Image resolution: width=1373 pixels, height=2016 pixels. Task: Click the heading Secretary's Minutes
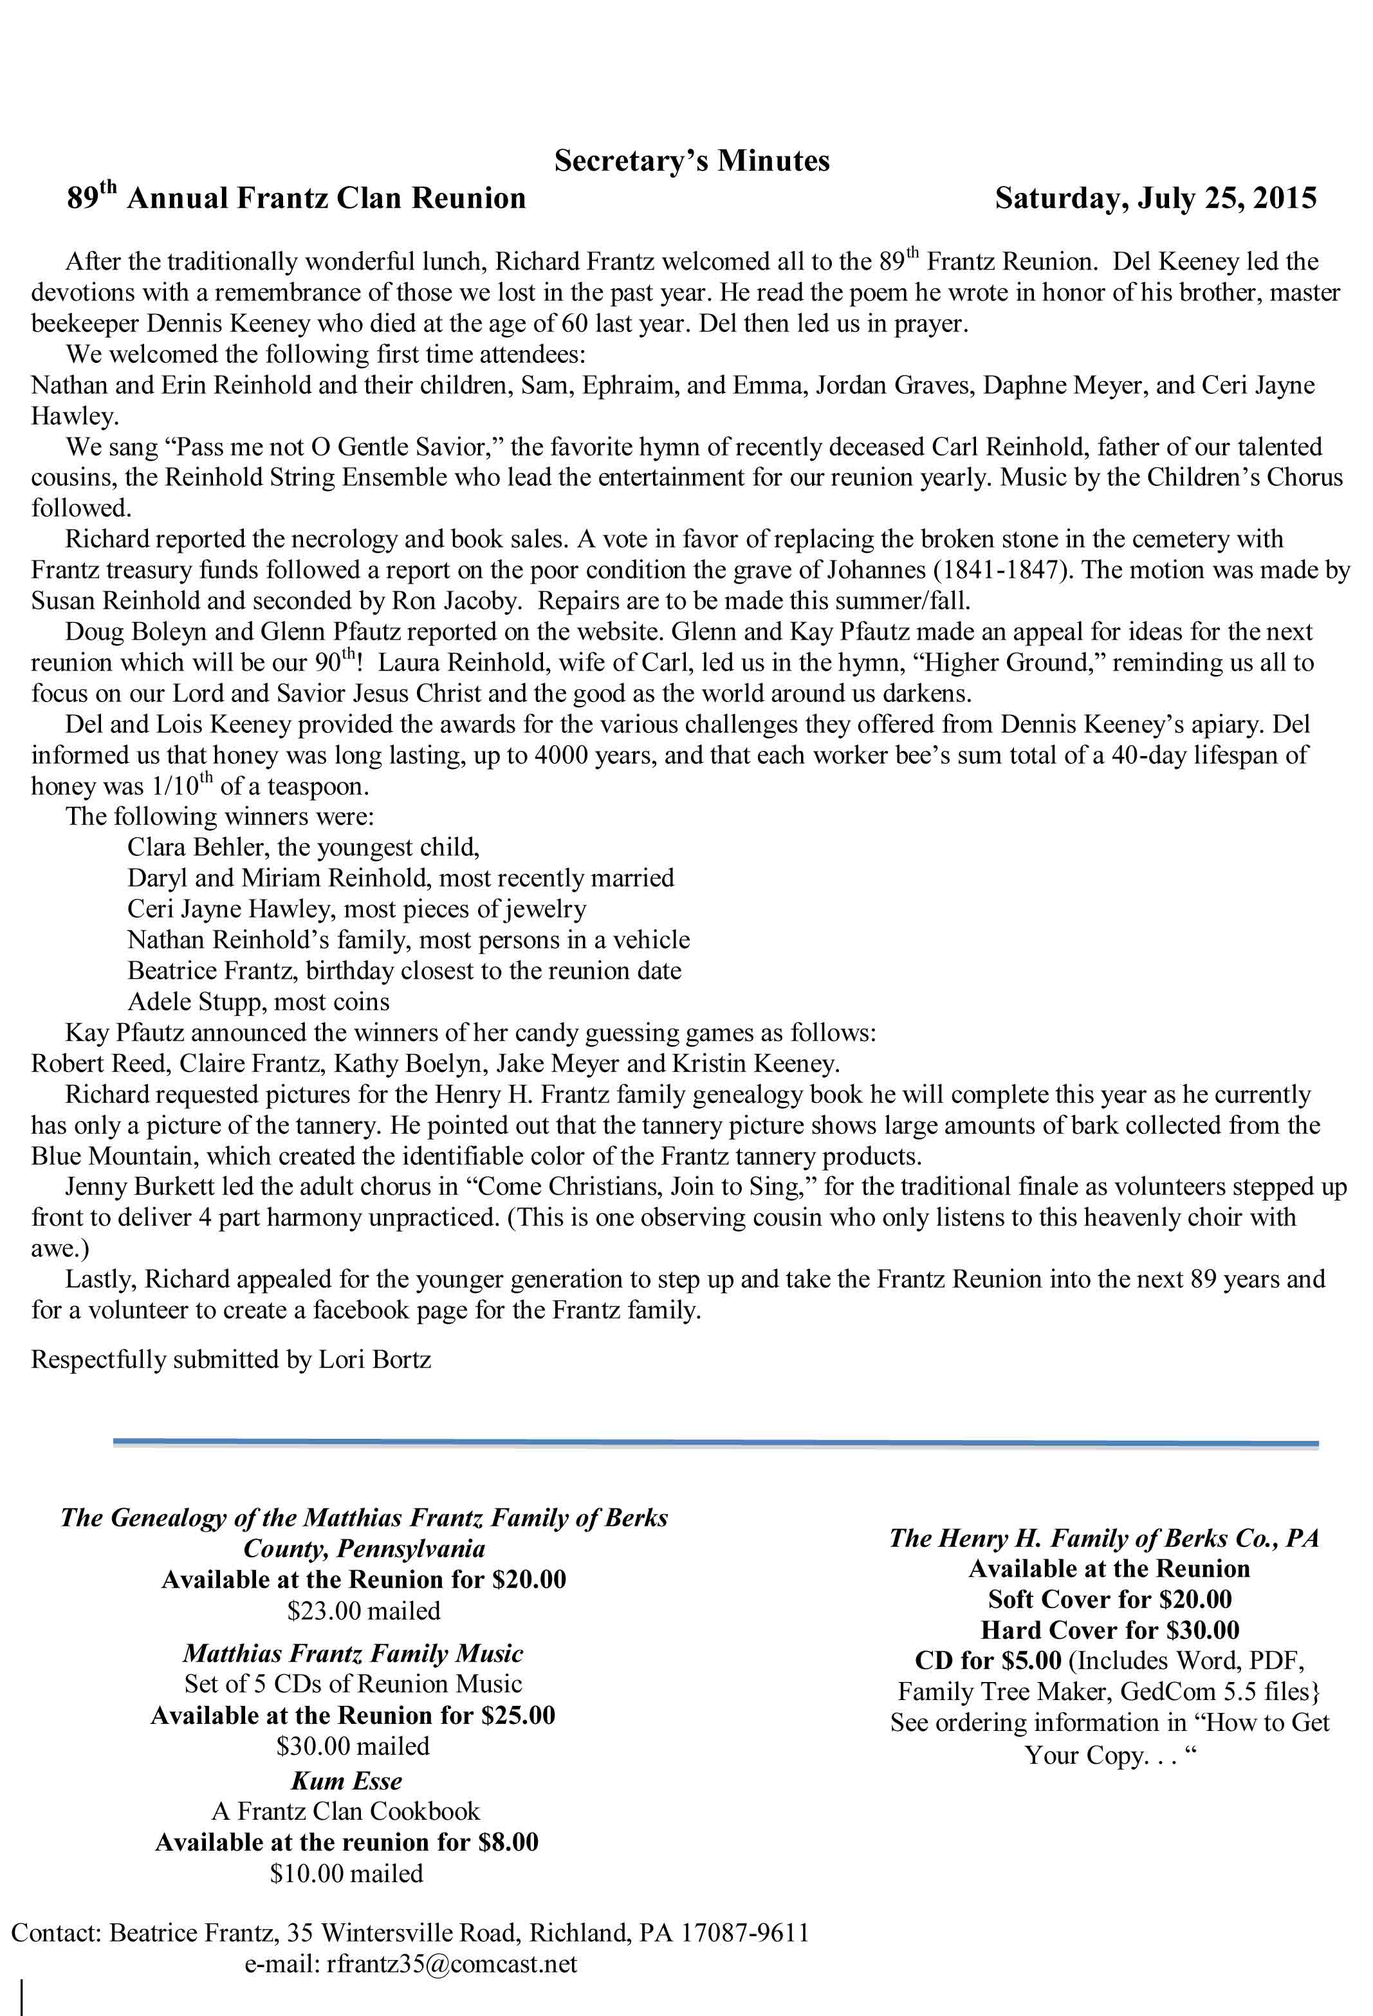(691, 160)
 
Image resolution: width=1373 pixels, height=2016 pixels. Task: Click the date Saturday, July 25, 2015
(1156, 199)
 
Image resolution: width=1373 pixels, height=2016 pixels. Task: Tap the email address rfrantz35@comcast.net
(451, 1963)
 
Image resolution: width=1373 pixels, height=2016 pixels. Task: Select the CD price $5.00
(1031, 1660)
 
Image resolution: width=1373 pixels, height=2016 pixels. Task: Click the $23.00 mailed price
(364, 1611)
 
